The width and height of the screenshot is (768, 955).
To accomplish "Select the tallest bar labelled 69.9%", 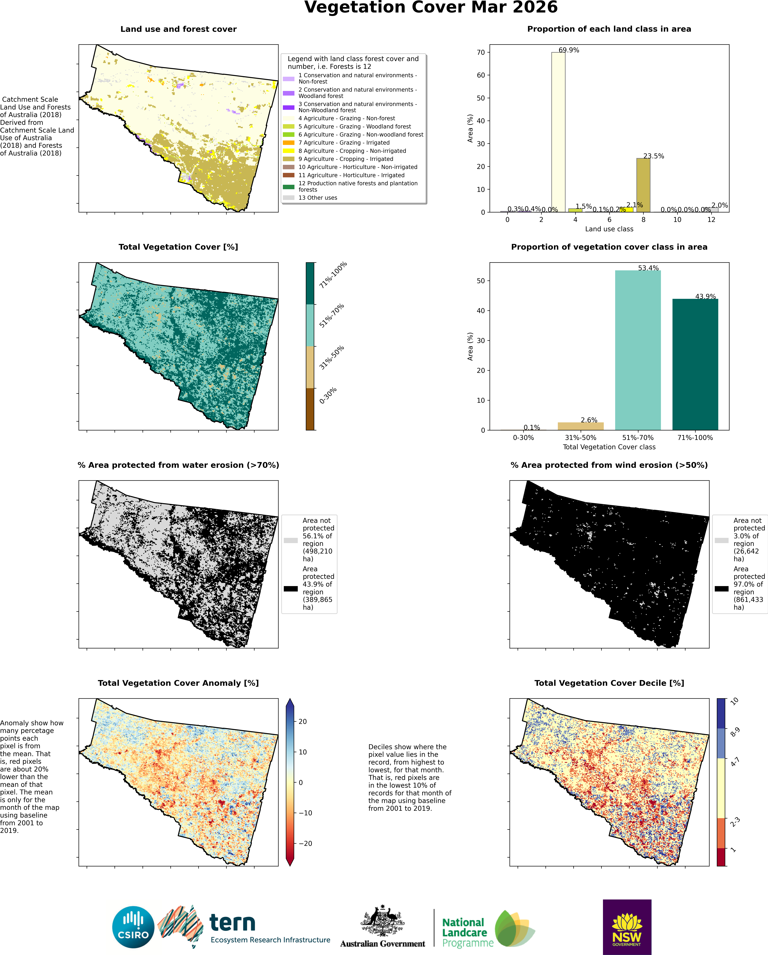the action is tap(558, 132).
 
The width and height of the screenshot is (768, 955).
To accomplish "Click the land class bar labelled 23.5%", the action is tap(643, 185).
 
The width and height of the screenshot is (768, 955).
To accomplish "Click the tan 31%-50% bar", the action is tap(580, 426).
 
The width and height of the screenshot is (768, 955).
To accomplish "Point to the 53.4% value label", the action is tap(648, 268).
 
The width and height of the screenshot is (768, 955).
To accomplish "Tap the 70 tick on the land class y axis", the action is tap(481, 52).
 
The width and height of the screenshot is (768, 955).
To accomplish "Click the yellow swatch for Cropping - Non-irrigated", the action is tap(289, 151).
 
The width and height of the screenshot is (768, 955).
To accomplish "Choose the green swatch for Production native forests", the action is tap(289, 187).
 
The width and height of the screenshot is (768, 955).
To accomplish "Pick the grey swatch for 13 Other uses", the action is tap(289, 198).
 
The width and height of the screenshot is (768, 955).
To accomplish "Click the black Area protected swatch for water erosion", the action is tap(291, 589).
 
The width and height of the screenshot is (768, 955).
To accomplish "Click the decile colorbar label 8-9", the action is tap(735, 732).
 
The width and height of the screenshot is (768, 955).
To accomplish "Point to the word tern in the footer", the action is tap(232, 923).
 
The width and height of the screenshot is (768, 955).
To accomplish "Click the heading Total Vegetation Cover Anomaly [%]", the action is tap(178, 683).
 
